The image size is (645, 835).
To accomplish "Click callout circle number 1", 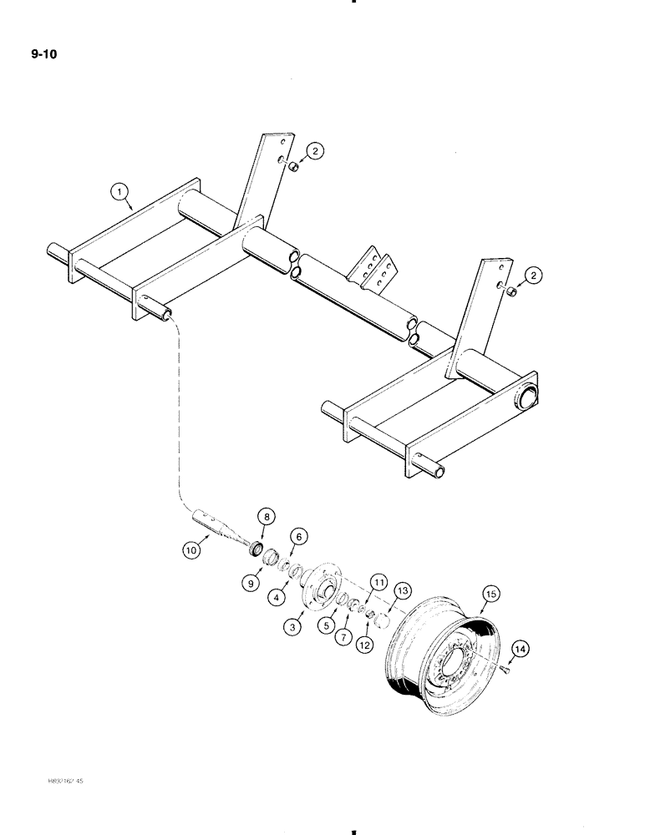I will [x=121, y=193].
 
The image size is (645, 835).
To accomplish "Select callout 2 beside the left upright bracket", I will [x=314, y=151].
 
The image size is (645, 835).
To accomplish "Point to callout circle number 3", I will [x=292, y=627].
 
